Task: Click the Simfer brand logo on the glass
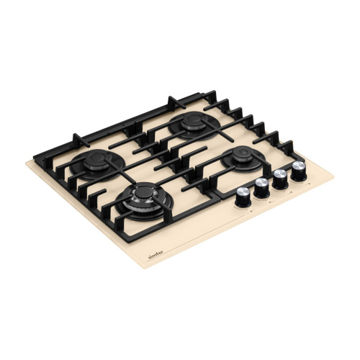pyautogui.click(x=156, y=254)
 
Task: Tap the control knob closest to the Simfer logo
pyautogui.click(x=243, y=197)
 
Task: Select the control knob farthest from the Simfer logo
pyautogui.click(x=299, y=171)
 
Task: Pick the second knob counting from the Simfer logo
pyautogui.click(x=261, y=188)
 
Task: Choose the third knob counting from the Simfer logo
pyautogui.click(x=280, y=179)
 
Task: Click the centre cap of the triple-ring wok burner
pyautogui.click(x=144, y=192)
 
